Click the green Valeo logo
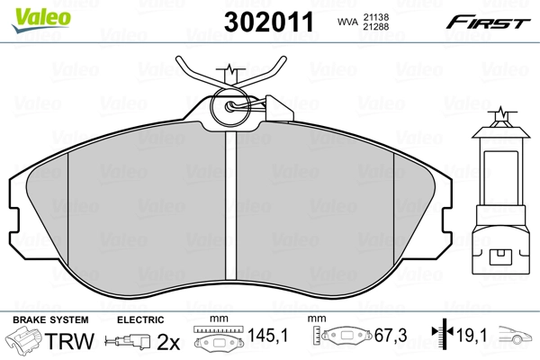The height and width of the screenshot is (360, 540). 41,19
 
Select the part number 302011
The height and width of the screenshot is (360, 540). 269,22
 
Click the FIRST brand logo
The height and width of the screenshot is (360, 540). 488,22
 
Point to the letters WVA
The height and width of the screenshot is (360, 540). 347,22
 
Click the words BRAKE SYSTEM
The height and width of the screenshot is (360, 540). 50,319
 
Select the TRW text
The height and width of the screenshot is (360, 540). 69,341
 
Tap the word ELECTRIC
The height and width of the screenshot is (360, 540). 140,319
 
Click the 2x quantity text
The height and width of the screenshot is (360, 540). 168,342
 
